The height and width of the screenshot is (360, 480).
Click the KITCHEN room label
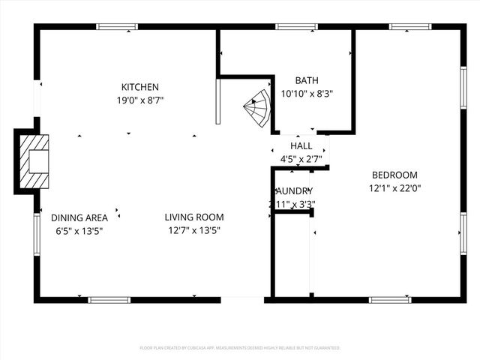(x=140, y=87)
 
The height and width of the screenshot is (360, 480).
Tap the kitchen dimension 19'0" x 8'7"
(x=140, y=100)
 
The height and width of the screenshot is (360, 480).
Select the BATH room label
(x=306, y=81)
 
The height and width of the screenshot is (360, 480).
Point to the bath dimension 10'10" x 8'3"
(x=306, y=94)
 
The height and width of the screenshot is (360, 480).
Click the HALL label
(x=301, y=146)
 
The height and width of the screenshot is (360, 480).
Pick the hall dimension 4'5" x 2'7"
(x=301, y=159)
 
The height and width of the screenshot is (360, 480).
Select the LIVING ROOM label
(x=194, y=217)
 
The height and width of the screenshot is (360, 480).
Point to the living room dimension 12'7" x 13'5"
(x=194, y=230)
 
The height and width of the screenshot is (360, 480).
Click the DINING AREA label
(x=79, y=217)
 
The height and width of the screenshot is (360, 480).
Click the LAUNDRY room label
(x=293, y=191)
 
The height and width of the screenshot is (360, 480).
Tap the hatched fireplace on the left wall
(x=34, y=161)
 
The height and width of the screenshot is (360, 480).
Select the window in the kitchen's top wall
(x=117, y=27)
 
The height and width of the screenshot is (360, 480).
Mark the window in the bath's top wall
(x=296, y=27)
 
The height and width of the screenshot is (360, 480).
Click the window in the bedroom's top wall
(x=410, y=27)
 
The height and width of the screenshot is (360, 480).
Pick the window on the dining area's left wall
(x=36, y=234)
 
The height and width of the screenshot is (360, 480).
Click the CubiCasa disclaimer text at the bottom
(x=240, y=348)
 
